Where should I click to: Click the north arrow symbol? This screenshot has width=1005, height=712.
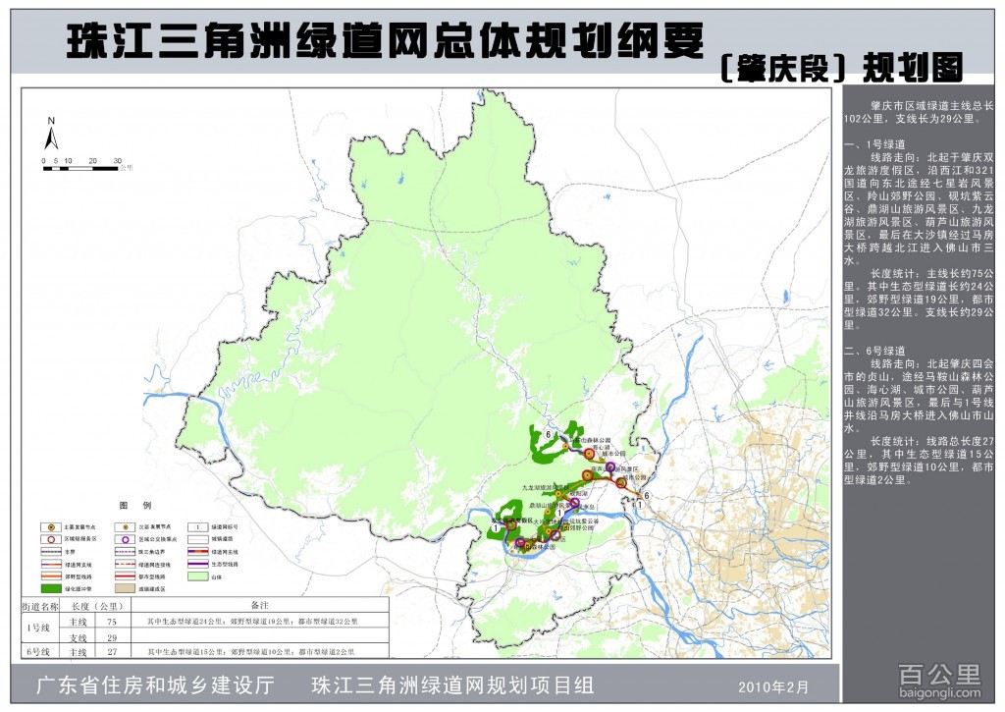(x=52, y=135)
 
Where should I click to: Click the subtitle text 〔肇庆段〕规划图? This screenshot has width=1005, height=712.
(x=840, y=67)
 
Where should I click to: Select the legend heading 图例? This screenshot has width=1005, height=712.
(x=133, y=505)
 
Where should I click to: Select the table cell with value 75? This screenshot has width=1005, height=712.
(x=112, y=622)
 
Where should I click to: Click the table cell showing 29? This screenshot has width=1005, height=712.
(x=112, y=636)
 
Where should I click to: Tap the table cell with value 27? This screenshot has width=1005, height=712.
(x=112, y=651)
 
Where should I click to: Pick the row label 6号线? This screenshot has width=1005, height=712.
(x=40, y=651)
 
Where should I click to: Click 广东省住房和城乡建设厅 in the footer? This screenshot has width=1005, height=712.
(x=154, y=685)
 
